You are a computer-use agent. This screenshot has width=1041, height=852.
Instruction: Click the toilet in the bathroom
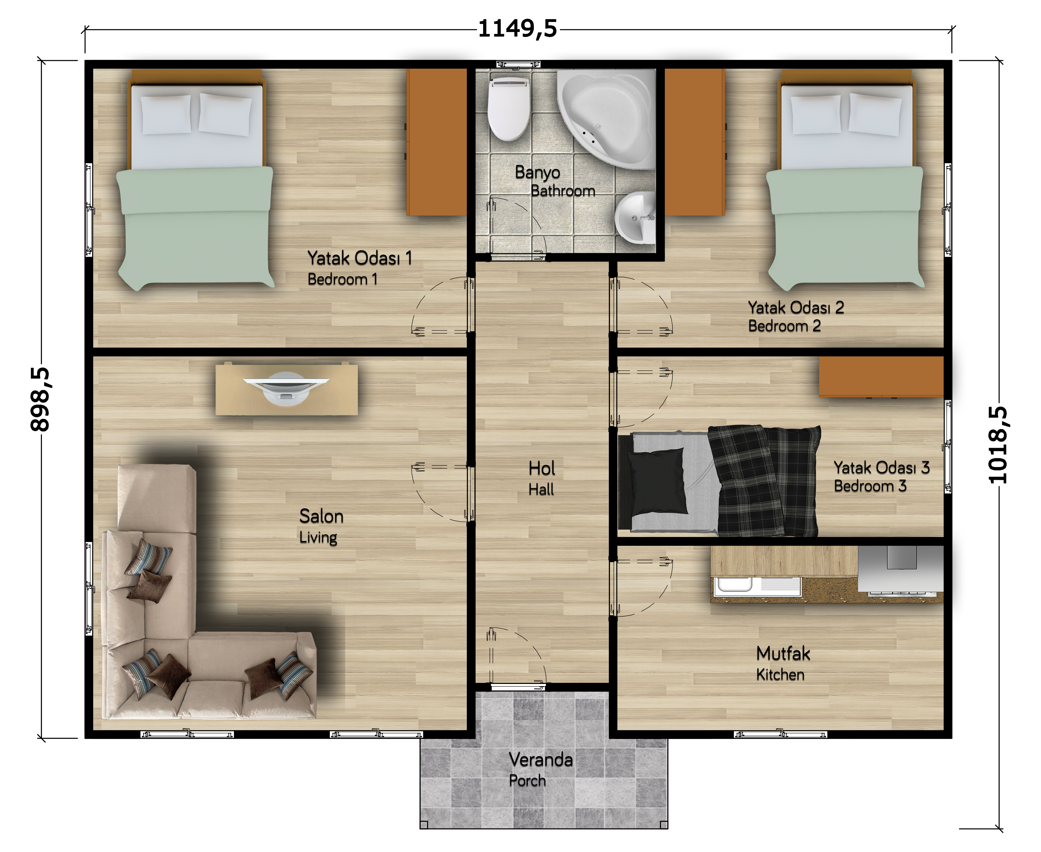click(x=509, y=108)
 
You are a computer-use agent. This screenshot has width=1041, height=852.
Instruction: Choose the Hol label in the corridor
click(x=542, y=468)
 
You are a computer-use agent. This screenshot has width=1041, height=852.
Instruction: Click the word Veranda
click(x=541, y=760)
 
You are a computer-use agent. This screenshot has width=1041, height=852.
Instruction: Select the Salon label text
click(x=321, y=516)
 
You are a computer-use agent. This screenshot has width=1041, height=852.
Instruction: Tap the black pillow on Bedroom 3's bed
click(x=658, y=481)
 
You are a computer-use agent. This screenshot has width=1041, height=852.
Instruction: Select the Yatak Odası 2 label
click(x=796, y=308)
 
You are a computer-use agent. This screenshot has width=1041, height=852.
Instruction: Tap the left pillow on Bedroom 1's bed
click(x=166, y=114)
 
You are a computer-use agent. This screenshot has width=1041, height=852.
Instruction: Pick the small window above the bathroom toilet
click(x=518, y=64)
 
